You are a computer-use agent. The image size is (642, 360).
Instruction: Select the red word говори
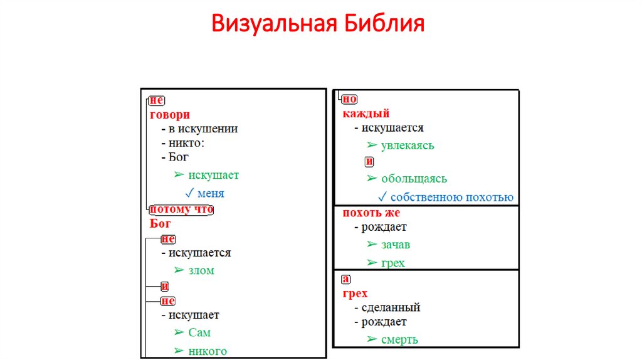click(x=170, y=115)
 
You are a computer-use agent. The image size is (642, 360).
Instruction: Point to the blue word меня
click(x=211, y=193)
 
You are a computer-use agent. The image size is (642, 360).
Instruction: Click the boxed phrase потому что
click(x=181, y=209)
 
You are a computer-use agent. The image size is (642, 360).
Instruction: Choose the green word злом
click(x=201, y=270)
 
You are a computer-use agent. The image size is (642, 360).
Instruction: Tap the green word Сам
click(x=199, y=332)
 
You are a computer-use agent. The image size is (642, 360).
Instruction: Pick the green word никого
click(x=208, y=351)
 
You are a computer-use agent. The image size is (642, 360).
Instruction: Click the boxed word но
click(x=350, y=98)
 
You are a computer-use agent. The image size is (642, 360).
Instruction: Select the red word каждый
click(x=366, y=114)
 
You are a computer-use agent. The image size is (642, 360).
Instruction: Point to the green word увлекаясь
click(x=408, y=146)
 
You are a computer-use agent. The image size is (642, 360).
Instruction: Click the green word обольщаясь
click(x=414, y=179)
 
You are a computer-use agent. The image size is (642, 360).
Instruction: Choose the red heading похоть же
click(x=371, y=213)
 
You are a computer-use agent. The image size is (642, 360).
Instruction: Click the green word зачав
click(x=396, y=245)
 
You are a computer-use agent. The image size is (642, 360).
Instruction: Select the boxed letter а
click(x=345, y=279)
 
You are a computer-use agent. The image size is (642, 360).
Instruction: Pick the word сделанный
click(x=391, y=307)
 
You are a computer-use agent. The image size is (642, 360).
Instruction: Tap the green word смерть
click(x=399, y=340)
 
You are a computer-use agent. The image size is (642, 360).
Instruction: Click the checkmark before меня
click(x=190, y=193)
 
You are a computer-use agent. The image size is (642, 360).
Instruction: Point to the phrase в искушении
click(x=203, y=129)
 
